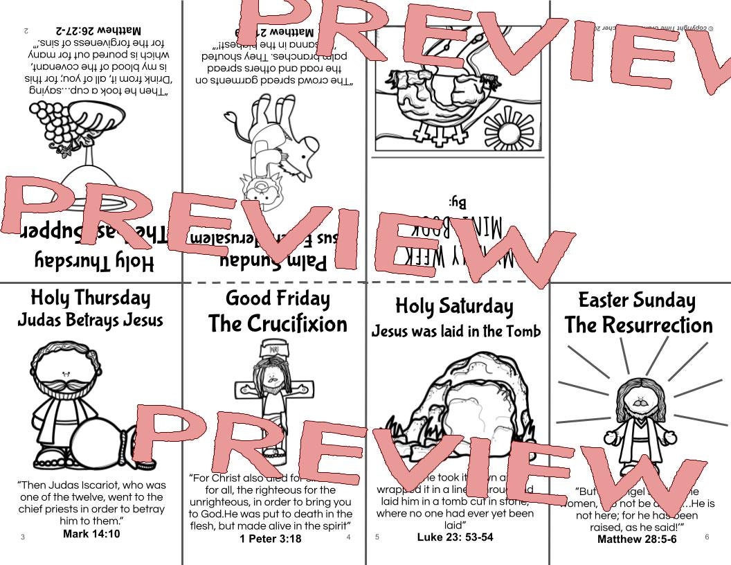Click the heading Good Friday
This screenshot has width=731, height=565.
(277, 298)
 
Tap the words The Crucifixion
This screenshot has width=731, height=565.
(278, 324)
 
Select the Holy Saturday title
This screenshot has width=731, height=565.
(454, 306)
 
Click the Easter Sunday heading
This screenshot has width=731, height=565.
(637, 300)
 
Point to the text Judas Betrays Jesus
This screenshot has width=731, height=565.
(90, 320)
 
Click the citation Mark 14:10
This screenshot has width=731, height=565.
(91, 534)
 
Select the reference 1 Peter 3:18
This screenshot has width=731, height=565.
(270, 539)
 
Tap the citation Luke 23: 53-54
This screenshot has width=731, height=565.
(455, 537)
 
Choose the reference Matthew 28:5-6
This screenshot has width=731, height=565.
(637, 539)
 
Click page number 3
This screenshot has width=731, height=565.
(23, 537)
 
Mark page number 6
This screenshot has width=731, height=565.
(707, 537)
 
